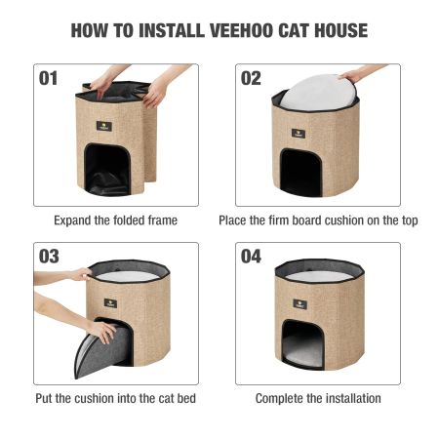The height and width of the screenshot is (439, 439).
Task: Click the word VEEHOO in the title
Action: click(x=242, y=30)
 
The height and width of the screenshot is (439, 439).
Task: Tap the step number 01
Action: click(x=48, y=78)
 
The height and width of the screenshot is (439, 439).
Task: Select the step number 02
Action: click(x=251, y=78)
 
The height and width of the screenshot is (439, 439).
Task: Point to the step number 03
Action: click(x=49, y=257)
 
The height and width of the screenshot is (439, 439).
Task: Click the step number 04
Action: click(x=251, y=257)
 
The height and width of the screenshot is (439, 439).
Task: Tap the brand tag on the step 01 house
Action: click(x=104, y=126)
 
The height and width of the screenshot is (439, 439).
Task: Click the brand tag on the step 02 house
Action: click(x=299, y=133)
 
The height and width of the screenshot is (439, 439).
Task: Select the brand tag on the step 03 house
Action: click(x=110, y=303)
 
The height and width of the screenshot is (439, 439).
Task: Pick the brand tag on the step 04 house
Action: click(x=299, y=303)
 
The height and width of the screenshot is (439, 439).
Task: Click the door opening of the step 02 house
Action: click(x=301, y=173)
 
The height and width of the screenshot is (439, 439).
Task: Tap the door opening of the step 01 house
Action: click(x=107, y=170)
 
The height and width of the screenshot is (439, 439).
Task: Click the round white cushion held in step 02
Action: click(x=317, y=93)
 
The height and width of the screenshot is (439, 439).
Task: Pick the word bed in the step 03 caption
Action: click(x=186, y=398)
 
